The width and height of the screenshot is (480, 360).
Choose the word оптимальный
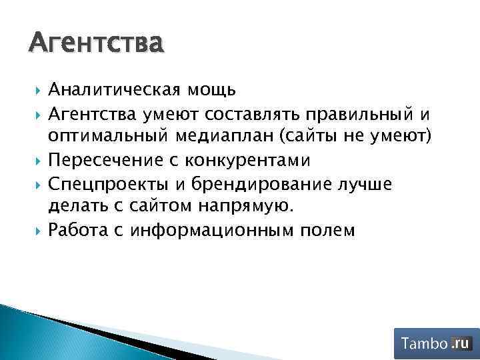[x=109, y=137]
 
